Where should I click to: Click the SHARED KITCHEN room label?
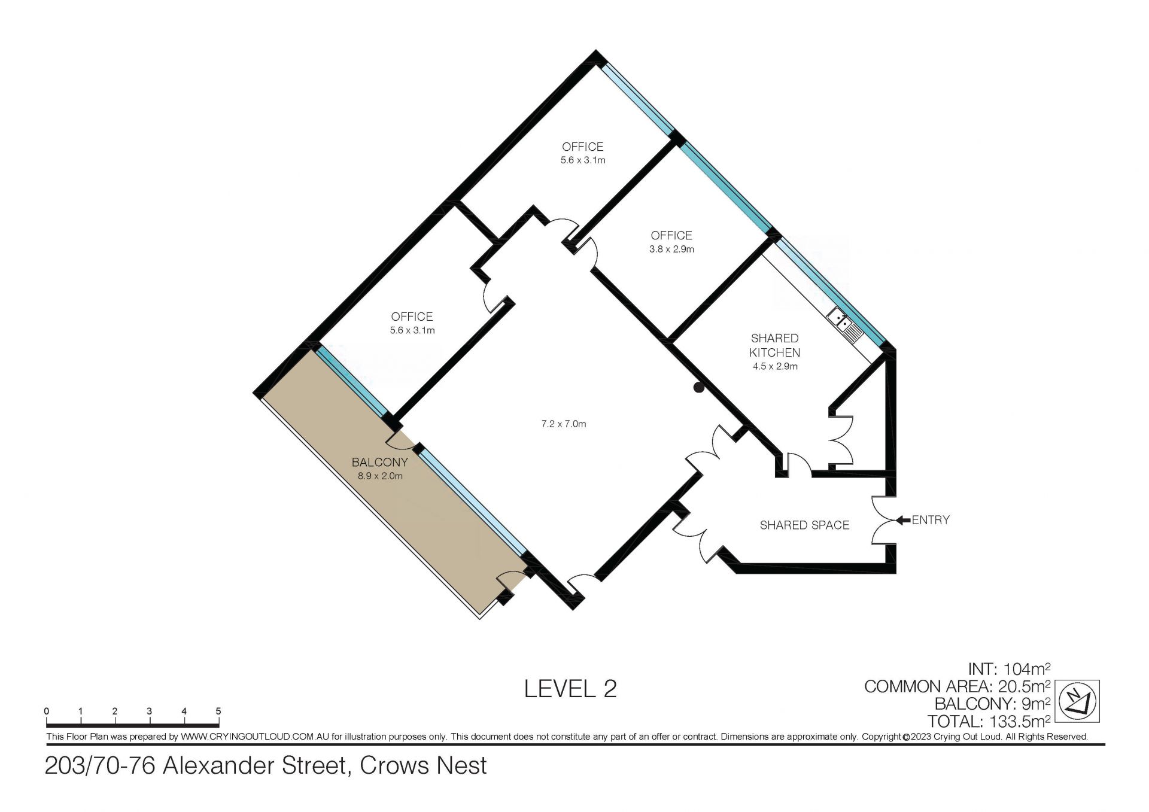775,345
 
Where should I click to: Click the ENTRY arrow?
903,520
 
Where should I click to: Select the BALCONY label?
379,462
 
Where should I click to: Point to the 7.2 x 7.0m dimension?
563,424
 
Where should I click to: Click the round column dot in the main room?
698,388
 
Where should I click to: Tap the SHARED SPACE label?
804,525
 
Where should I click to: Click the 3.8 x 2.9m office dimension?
671,249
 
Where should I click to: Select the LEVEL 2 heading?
570,689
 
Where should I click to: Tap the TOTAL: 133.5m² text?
989,722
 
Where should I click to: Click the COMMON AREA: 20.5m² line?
957,686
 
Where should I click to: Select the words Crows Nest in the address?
423,766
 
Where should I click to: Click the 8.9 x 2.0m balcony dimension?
379,476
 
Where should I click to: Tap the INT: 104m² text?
1010,668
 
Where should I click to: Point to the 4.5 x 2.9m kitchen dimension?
775,366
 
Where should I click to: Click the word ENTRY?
931,520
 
